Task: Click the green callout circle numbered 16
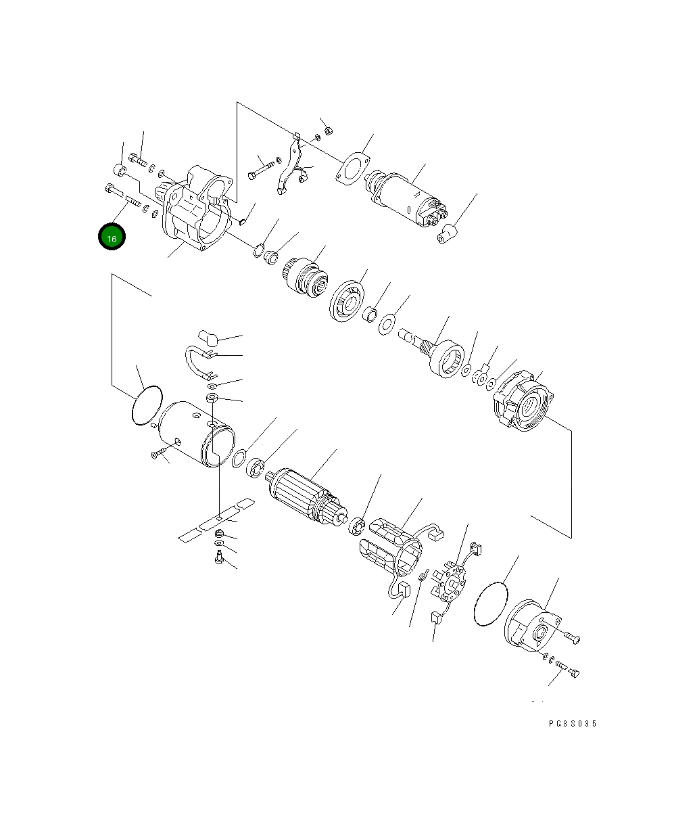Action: (x=112, y=237)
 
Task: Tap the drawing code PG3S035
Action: (x=573, y=724)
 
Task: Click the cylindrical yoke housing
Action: (x=196, y=433)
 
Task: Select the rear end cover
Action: (x=534, y=629)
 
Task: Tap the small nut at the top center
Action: (x=328, y=129)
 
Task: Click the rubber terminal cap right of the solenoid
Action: (x=448, y=235)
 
